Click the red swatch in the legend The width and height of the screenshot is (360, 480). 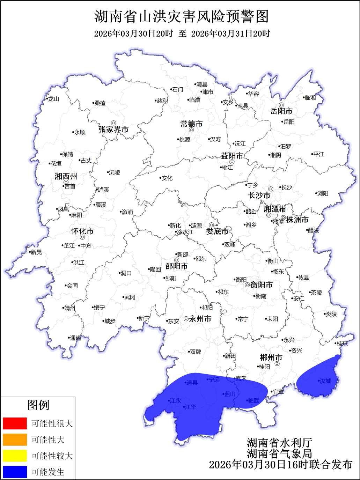(x=15, y=423)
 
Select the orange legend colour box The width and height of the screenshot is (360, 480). (x=15, y=440)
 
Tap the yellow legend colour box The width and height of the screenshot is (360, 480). (x=15, y=456)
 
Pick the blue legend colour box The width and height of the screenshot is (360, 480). (x=15, y=472)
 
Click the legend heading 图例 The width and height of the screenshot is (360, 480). (x=38, y=405)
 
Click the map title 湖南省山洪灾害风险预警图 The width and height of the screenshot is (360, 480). (x=182, y=16)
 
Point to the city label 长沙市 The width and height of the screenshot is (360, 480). (x=259, y=195)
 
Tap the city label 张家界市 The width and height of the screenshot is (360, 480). (x=113, y=130)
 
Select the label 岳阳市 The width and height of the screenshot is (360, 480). (x=281, y=111)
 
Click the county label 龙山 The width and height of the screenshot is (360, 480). (x=53, y=99)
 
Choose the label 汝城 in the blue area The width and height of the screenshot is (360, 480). (x=325, y=381)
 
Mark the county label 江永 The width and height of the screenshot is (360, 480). (x=175, y=401)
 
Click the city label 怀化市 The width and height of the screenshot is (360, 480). (x=82, y=231)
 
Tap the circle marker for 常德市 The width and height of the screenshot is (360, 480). (x=191, y=130)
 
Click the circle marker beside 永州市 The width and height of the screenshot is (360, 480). (x=186, y=319)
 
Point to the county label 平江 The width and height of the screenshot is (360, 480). (x=318, y=154)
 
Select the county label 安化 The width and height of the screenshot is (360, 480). (x=167, y=178)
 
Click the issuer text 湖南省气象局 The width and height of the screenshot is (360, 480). (x=279, y=453)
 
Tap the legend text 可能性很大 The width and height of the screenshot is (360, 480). (x=52, y=423)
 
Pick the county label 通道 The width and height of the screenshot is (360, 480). (x=75, y=338)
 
